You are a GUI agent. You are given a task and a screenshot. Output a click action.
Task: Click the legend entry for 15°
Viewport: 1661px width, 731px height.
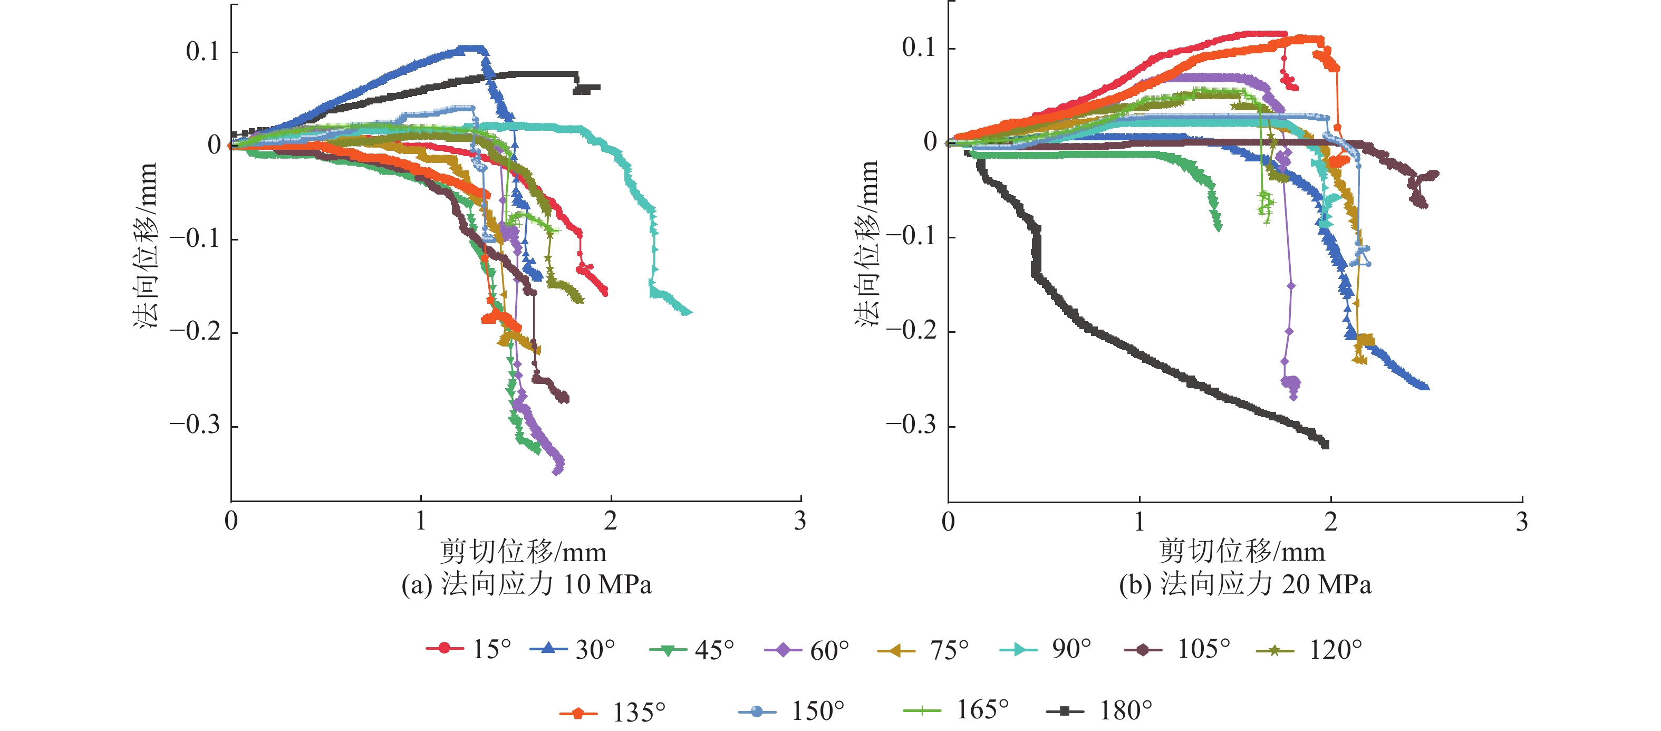pos(469,648)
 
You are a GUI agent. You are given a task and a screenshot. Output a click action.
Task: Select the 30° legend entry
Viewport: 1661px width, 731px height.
pos(573,648)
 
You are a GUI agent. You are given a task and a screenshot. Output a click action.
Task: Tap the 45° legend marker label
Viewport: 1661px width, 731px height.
pos(692,649)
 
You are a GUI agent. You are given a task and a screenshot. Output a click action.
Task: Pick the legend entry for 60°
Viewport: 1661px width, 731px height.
pos(807,650)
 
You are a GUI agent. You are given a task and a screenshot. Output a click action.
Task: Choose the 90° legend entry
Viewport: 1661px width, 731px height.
pos(1046,648)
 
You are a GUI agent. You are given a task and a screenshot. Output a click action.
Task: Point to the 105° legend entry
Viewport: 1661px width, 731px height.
pos(1177,648)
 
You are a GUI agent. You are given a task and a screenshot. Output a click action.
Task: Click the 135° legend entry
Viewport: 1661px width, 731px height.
pos(613,711)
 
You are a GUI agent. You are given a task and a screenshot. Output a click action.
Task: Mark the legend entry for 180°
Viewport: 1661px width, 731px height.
pos(1099,710)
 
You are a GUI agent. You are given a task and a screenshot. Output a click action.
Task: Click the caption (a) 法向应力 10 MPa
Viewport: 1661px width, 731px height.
pos(526,584)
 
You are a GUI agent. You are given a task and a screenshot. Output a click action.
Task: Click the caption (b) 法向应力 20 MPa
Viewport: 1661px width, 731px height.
pos(1244,584)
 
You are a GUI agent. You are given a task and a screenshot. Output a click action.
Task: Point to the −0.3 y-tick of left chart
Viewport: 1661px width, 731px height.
pos(195,425)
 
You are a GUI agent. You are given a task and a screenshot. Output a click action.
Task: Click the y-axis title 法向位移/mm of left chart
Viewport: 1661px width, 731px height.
pos(146,245)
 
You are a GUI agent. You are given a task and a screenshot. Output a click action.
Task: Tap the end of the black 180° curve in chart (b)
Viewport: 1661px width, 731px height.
pos(1325,445)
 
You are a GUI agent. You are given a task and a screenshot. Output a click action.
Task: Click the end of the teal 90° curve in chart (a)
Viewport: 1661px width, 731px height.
pos(690,313)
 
